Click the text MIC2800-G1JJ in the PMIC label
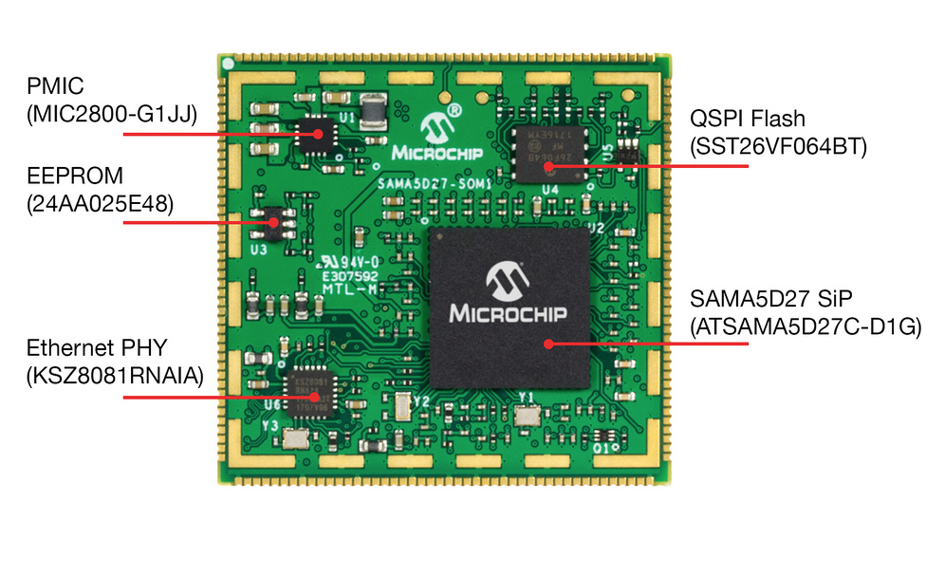(x=112, y=116)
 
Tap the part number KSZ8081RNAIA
(x=115, y=374)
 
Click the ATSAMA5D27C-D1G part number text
(x=806, y=328)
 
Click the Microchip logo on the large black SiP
(x=508, y=295)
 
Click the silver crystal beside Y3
(x=295, y=438)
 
